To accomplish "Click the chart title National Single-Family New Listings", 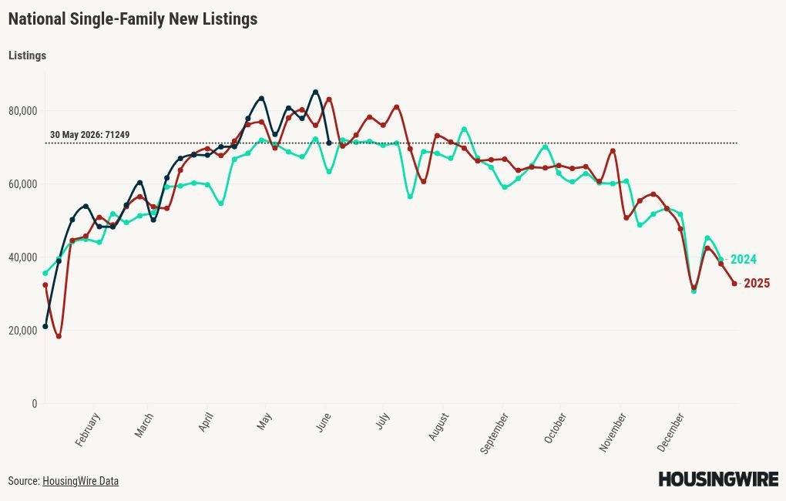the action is [x=133, y=19].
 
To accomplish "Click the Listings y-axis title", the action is [x=27, y=55].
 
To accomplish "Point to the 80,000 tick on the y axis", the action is [x=22, y=111].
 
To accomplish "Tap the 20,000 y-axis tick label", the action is [x=22, y=331].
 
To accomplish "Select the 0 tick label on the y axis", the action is [x=35, y=404].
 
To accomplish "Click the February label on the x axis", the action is [x=88, y=429].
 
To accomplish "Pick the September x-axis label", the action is [x=494, y=433].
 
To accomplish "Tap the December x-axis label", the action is [x=670, y=432].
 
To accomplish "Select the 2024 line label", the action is [x=743, y=259].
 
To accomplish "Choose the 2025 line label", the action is [x=757, y=284].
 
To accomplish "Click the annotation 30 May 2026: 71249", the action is [x=89, y=135].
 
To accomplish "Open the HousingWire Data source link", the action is [x=81, y=481].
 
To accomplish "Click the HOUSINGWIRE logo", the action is [x=718, y=479].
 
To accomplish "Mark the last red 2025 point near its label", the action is [x=734, y=284].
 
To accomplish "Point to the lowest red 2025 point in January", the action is [x=59, y=337].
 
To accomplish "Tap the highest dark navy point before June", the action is [x=315, y=92].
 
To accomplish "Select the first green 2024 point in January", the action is [x=45, y=274].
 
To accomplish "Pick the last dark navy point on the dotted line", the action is [x=329, y=143].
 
